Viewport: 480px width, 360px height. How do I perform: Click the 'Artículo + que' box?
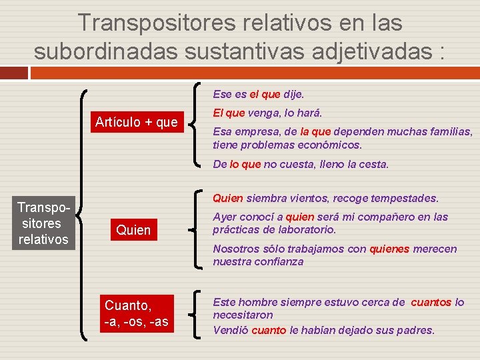136,122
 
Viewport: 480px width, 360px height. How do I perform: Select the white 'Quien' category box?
133,230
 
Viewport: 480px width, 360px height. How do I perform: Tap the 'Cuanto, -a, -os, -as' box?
136,313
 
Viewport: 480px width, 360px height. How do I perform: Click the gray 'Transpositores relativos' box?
43,223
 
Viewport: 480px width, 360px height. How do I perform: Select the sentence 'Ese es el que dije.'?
258,95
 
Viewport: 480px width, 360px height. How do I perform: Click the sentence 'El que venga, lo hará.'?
267,113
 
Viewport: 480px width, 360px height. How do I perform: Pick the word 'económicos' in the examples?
327,145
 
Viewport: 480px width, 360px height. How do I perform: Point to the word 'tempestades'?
406,198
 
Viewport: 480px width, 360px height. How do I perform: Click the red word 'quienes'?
389,249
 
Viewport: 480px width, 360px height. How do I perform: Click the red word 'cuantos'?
431,302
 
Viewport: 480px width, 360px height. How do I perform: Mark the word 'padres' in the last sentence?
415,330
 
